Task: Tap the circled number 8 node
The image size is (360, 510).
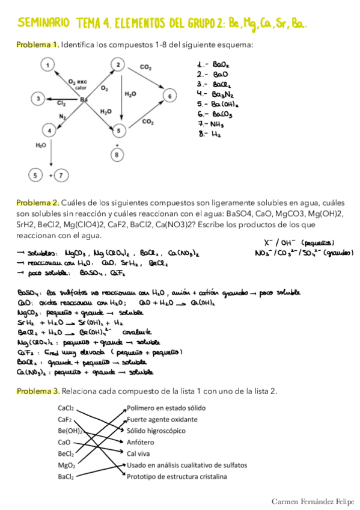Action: coord(117,155)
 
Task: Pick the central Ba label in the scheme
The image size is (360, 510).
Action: coord(84,99)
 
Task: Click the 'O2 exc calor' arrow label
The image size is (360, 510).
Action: coord(79,84)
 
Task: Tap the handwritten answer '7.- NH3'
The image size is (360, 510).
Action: coord(210,124)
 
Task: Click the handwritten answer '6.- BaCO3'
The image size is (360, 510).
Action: coord(215,114)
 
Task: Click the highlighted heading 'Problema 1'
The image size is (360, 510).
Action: coord(37,45)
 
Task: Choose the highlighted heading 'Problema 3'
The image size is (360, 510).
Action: coord(37,392)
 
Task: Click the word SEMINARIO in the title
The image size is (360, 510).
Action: coord(44,23)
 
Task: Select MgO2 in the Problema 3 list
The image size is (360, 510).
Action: coord(67,465)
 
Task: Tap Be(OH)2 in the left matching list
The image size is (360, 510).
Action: coord(70,431)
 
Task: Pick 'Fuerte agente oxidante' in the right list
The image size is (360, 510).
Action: coord(162,419)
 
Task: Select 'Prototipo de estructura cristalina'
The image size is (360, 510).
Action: coord(177,476)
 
